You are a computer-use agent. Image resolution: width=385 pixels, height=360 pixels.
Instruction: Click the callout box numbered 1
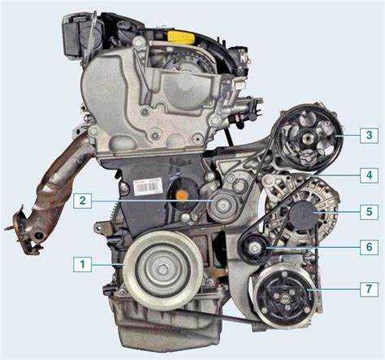pyautogui.click(x=82, y=264)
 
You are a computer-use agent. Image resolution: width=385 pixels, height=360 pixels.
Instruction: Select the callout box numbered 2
pyautogui.click(x=82, y=201)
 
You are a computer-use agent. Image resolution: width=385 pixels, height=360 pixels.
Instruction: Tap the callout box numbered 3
pyautogui.click(x=369, y=135)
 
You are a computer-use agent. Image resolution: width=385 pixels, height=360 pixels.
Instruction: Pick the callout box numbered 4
pyautogui.click(x=369, y=176)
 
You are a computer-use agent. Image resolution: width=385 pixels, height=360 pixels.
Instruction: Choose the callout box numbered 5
pyautogui.click(x=369, y=211)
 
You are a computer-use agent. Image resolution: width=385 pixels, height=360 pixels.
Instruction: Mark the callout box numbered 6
pyautogui.click(x=369, y=247)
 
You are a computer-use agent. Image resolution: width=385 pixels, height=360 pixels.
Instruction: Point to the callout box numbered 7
pyautogui.click(x=369, y=288)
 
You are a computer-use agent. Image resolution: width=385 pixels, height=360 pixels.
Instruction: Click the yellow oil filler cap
pyautogui.click(x=181, y=37)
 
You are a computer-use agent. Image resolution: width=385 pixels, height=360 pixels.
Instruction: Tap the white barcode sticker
pyautogui.click(x=148, y=186)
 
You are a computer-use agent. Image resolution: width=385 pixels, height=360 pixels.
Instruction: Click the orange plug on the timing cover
pyautogui.click(x=182, y=195)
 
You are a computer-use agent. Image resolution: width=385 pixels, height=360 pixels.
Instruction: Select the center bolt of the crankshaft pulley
pyautogui.click(x=162, y=269)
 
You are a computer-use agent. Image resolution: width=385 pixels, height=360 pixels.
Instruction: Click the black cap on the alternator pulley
pyautogui.click(x=302, y=215)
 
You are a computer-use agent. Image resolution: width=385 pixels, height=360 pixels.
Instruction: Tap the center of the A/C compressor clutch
pyautogui.click(x=285, y=299)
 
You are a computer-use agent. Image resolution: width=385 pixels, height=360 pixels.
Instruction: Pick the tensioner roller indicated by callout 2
pyautogui.click(x=223, y=206)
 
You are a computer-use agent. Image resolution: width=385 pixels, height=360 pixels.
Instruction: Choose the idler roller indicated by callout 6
pyautogui.click(x=253, y=248)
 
